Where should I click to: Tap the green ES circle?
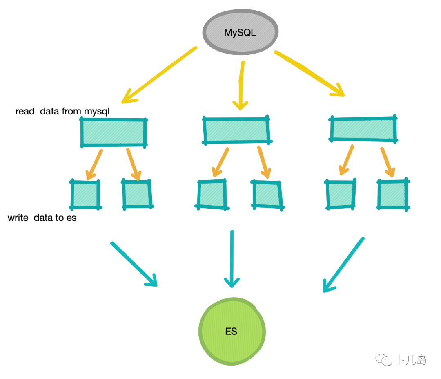[x=232, y=331]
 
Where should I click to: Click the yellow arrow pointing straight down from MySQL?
[x=242, y=86]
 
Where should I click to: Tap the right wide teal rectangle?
[x=363, y=129]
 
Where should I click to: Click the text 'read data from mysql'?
[x=62, y=111]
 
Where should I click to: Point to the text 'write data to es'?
[x=42, y=218]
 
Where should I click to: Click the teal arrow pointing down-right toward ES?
[x=134, y=264]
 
